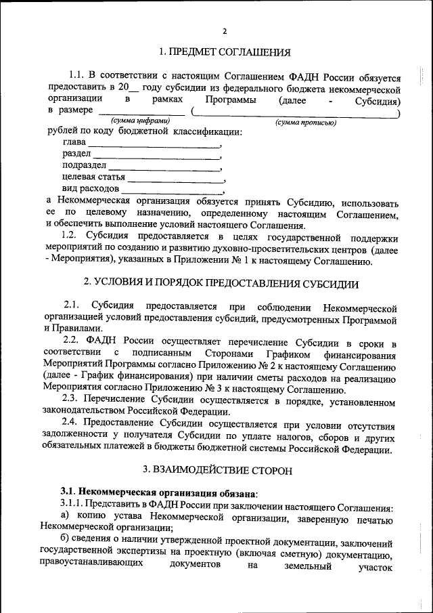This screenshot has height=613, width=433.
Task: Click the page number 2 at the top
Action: pyautogui.click(x=224, y=30)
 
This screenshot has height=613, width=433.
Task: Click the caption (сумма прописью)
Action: pyautogui.click(x=306, y=123)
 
